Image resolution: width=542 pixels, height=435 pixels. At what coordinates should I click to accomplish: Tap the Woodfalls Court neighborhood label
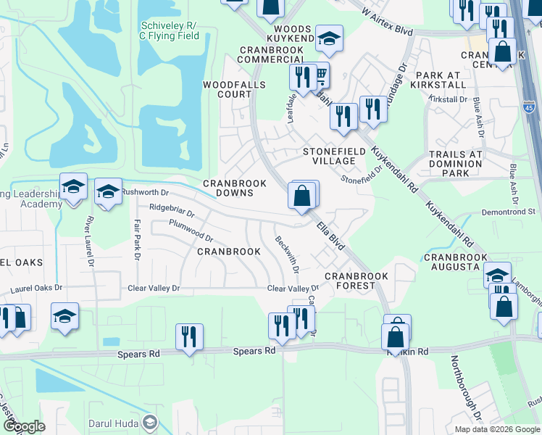[x=227, y=89]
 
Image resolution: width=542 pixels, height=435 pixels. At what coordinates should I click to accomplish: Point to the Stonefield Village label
[x=333, y=157]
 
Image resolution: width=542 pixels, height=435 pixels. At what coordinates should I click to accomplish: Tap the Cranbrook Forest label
[x=356, y=281]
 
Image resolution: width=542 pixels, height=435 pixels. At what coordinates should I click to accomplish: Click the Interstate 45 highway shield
[x=529, y=107]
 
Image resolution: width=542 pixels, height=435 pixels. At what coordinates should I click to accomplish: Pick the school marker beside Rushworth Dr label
[x=108, y=192]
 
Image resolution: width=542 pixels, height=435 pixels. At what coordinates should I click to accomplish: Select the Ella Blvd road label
[x=330, y=236]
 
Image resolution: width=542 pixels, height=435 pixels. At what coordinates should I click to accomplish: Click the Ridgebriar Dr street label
[x=172, y=210]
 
